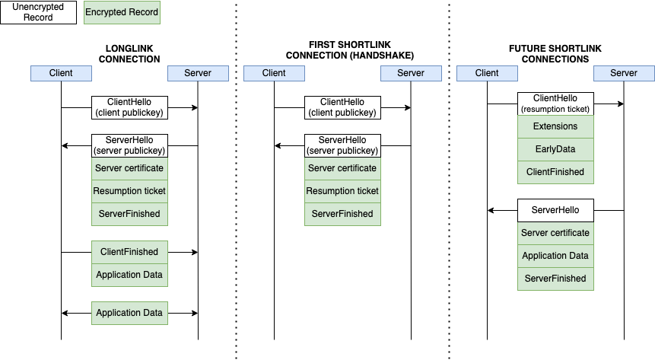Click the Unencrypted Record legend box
click(x=38, y=13)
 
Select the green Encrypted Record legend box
click(x=122, y=13)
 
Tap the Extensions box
click(x=555, y=126)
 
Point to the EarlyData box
click(x=555, y=149)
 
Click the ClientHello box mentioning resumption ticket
click(x=555, y=104)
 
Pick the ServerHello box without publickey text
click(x=555, y=210)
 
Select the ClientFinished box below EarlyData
click(x=555, y=172)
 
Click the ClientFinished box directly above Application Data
click(x=129, y=252)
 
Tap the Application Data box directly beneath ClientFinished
click(x=129, y=275)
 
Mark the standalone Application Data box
click(x=129, y=313)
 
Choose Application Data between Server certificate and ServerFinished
click(x=555, y=256)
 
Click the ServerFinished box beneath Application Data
click(x=555, y=279)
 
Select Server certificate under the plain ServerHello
click(x=555, y=233)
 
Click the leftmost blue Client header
click(x=61, y=73)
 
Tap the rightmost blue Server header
click(x=624, y=73)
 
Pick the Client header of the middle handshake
click(x=274, y=73)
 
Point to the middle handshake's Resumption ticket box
click(x=342, y=191)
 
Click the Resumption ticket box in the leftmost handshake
click(x=129, y=191)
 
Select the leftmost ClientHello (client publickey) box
click(x=129, y=107)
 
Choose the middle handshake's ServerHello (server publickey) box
click(x=342, y=145)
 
